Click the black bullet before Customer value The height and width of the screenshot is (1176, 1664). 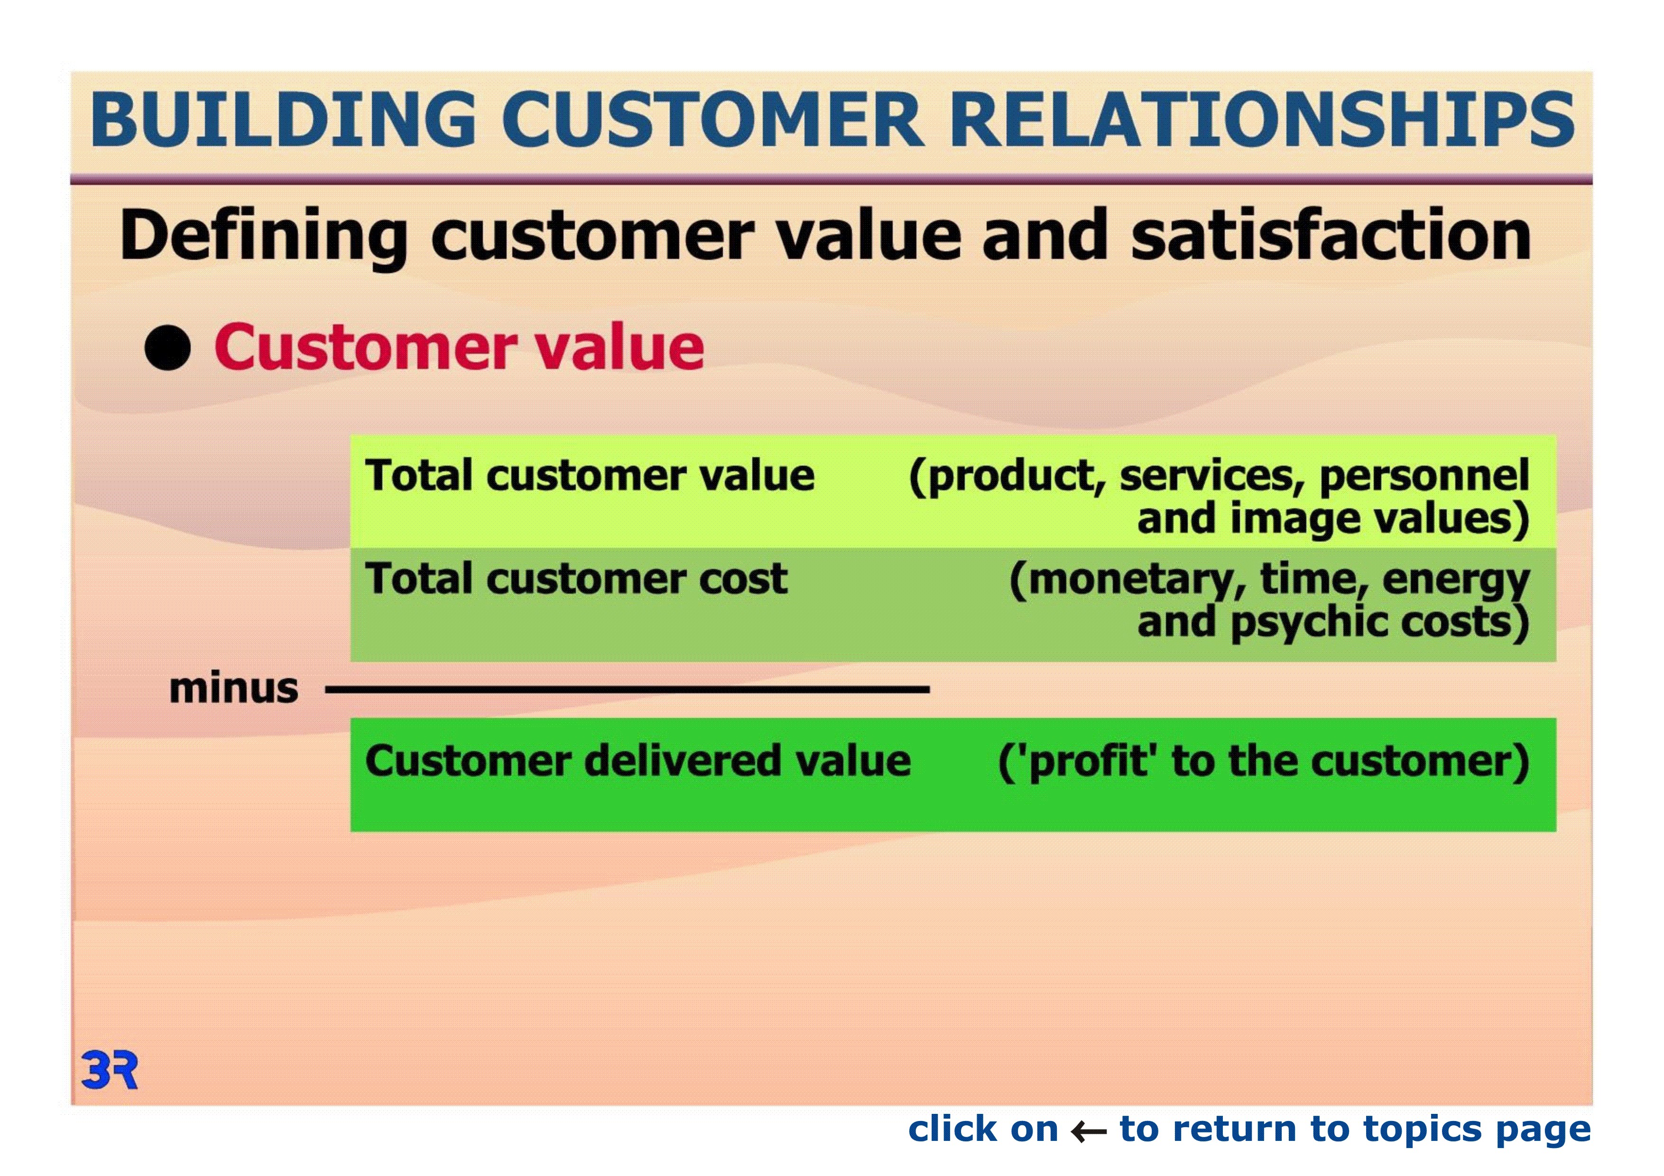(167, 348)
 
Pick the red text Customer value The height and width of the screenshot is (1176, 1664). (459, 347)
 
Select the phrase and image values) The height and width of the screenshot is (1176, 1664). (1333, 520)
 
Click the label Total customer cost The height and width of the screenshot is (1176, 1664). (576, 579)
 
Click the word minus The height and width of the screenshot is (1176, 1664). (233, 689)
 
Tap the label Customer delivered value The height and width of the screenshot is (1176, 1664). (638, 762)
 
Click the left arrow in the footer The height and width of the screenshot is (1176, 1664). (1089, 1131)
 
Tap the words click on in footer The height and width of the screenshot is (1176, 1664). (983, 1129)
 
